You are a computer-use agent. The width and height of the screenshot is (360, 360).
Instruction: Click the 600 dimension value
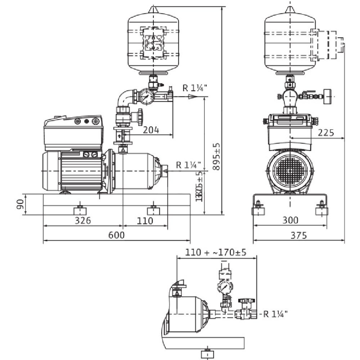116,235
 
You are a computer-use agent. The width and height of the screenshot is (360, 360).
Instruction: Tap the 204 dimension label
150,130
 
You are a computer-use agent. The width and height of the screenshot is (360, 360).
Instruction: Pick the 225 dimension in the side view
326,132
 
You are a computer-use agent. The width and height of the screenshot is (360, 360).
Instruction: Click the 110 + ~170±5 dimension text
216,253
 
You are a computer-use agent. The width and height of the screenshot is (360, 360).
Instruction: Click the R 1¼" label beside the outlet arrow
195,88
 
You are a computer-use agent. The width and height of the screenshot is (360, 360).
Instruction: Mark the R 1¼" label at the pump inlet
188,165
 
